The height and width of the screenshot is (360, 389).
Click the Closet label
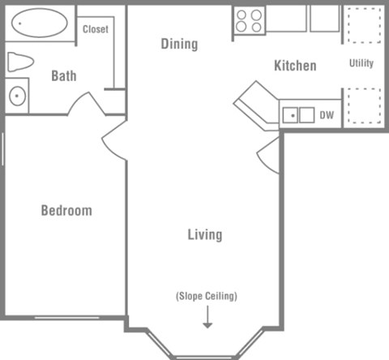(x=96, y=29)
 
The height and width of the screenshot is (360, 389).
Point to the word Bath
(x=64, y=76)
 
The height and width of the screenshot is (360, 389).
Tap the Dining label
(x=178, y=44)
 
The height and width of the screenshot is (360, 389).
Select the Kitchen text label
(x=294, y=66)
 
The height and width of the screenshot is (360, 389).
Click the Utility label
(x=361, y=63)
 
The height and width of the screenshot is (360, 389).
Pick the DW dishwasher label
(x=327, y=115)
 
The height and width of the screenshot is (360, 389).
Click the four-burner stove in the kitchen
(x=249, y=20)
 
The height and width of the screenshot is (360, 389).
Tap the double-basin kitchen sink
(x=297, y=115)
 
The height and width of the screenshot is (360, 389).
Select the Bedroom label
(x=66, y=211)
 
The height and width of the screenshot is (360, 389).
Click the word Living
(x=204, y=235)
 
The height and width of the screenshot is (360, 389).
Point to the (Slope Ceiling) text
(x=207, y=296)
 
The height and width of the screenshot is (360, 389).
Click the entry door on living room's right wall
(x=269, y=157)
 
